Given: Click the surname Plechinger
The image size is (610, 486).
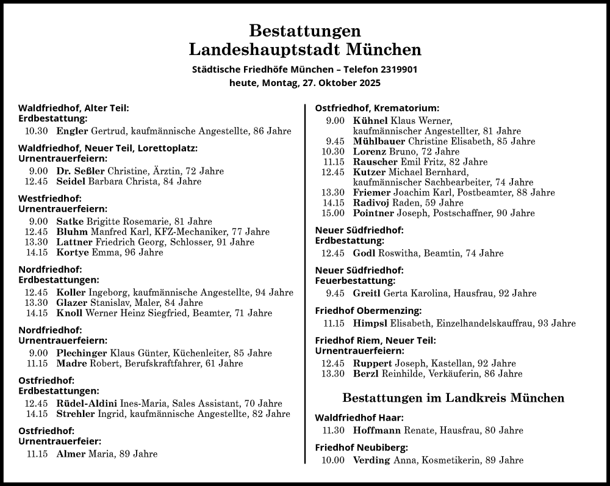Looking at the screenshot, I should pos(82,353).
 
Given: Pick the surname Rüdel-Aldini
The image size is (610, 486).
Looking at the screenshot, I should pos(87,404).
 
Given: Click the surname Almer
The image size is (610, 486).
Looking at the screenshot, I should pos(71,454).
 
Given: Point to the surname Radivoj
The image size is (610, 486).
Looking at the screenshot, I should pos(371,203).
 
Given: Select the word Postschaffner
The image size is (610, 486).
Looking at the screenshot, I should pos(450,213).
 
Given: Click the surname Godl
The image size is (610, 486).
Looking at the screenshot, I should pos(364,253).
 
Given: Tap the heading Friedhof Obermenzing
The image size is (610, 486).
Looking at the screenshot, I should pos(368,310).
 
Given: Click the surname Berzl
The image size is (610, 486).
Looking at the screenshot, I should pos(365,374).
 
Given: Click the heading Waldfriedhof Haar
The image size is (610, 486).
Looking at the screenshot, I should pos(359,418).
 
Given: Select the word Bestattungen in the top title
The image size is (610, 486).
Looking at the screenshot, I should pos(305,30).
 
